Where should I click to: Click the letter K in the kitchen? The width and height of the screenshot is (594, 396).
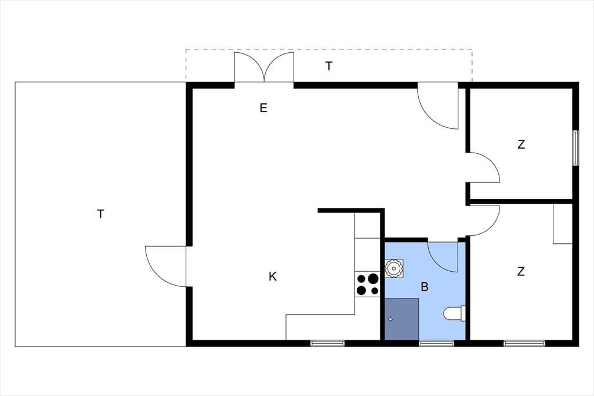click(x=273, y=277)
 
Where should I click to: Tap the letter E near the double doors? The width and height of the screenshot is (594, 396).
click(x=264, y=108)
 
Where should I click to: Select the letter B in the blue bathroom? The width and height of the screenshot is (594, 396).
click(x=425, y=287)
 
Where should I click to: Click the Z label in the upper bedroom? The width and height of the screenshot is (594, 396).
click(x=521, y=145)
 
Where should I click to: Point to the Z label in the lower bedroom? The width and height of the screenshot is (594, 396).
click(x=521, y=272)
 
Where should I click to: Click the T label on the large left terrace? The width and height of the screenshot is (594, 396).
click(x=100, y=214)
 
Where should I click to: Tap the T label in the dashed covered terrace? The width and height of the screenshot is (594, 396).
click(x=329, y=66)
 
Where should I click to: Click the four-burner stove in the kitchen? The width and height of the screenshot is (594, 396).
click(x=367, y=285)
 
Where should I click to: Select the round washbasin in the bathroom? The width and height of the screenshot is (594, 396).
click(x=394, y=269)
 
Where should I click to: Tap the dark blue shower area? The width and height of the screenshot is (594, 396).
click(x=402, y=319)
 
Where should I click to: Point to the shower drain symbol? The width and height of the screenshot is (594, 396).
click(x=390, y=319)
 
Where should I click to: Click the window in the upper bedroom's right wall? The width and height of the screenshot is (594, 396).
click(x=575, y=148)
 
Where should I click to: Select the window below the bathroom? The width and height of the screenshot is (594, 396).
click(x=436, y=343)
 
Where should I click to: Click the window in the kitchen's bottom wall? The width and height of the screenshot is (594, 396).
click(x=327, y=343)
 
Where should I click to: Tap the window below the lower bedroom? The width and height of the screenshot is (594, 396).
click(x=524, y=343)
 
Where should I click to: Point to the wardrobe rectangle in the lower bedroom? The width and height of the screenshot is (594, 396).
click(x=563, y=224)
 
